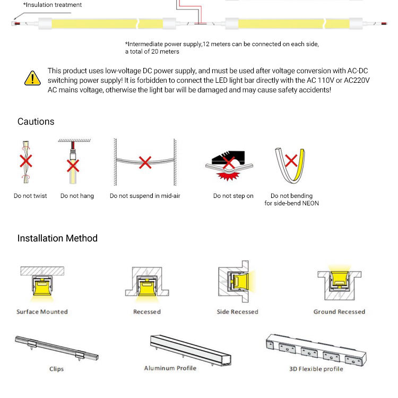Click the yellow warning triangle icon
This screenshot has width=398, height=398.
(x=32, y=78)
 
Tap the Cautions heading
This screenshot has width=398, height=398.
(x=36, y=122)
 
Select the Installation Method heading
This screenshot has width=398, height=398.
(x=57, y=238)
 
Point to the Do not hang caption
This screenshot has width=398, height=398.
(x=77, y=196)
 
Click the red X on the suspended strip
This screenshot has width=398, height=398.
(x=145, y=162)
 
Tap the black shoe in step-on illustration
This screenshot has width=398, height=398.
(x=229, y=155)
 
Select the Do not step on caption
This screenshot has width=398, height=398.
(x=233, y=196)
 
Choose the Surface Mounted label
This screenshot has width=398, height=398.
(x=42, y=312)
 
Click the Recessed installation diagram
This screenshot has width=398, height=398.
(x=146, y=282)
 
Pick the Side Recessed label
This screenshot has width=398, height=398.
(x=237, y=312)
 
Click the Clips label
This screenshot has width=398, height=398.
(x=56, y=369)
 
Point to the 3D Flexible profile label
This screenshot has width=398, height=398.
(x=316, y=369)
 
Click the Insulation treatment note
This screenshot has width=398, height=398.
(x=53, y=5)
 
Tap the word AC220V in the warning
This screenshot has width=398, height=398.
(x=354, y=80)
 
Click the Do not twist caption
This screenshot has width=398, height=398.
(x=30, y=196)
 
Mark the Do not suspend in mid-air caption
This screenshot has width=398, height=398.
(x=145, y=196)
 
